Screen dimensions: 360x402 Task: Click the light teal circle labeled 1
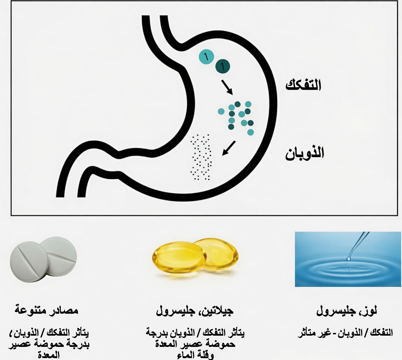coord(206,57)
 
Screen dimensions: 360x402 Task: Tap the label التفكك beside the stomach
coord(303,85)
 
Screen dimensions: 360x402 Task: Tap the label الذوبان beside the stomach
coord(305,153)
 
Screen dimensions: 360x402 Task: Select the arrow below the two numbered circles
coord(227,87)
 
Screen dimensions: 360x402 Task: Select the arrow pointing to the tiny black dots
coord(228,148)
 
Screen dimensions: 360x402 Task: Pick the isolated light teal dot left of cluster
coord(221,111)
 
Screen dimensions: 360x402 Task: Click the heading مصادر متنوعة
coord(46,311)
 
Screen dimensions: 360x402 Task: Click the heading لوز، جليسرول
coord(347,311)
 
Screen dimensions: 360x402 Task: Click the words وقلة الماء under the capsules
coord(195,355)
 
